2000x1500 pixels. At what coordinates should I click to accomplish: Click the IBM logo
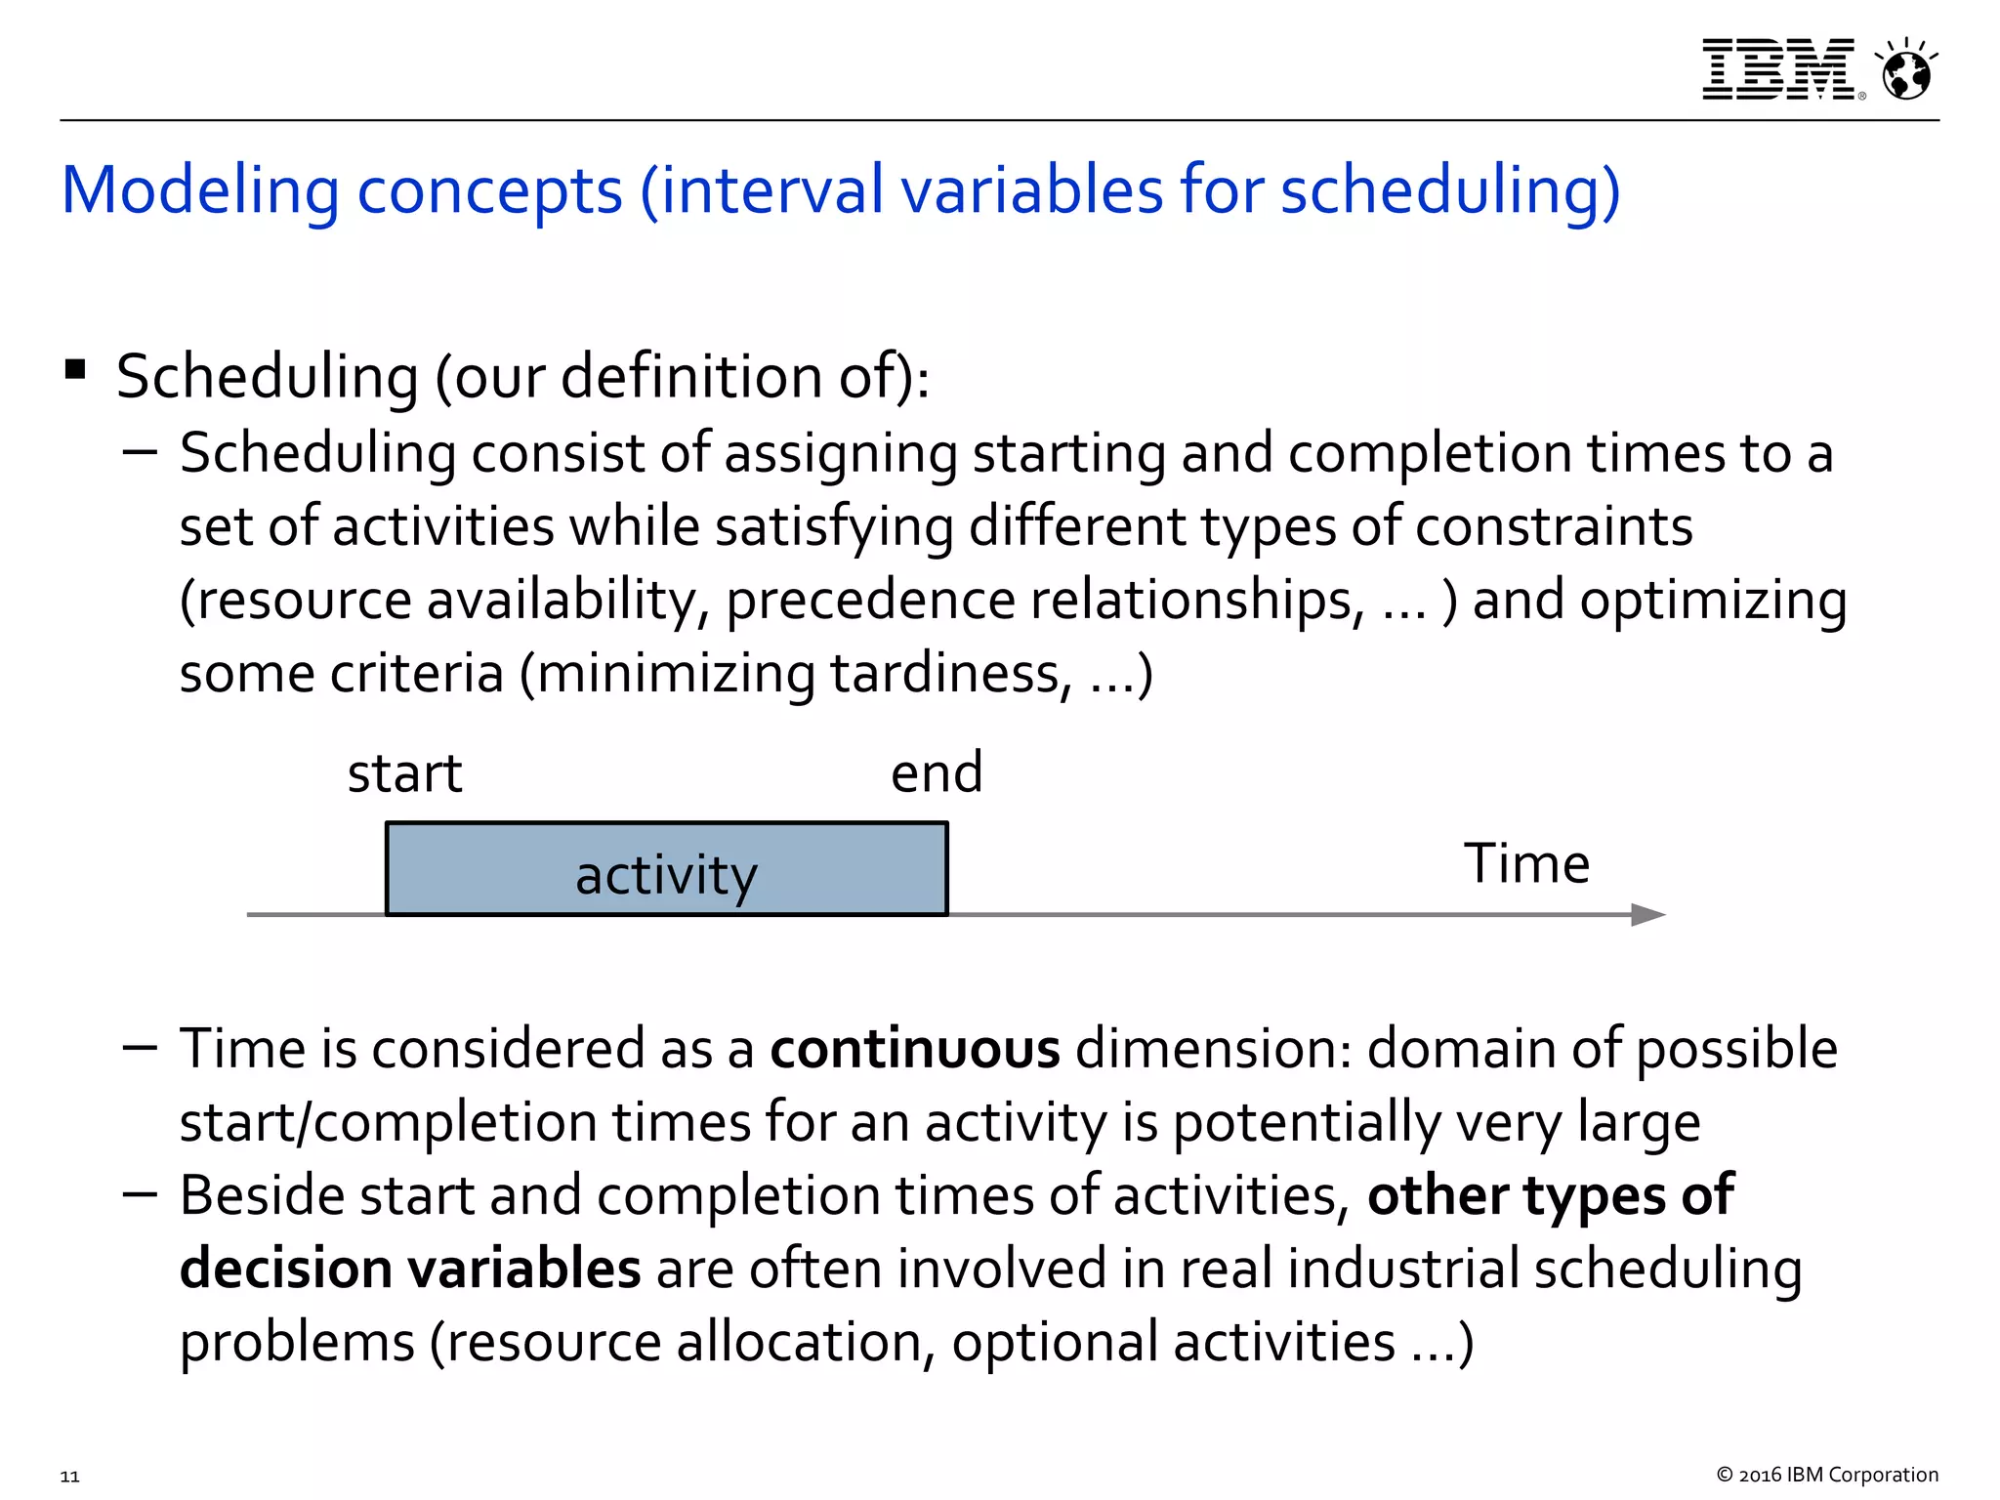[x=1778, y=69]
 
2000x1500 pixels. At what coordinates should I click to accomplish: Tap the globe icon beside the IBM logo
[x=1906, y=71]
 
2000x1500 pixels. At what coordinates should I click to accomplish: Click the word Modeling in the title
[x=200, y=191]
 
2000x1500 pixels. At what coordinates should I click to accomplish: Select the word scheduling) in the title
[x=1450, y=189]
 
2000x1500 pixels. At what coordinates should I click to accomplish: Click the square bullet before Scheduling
[x=75, y=370]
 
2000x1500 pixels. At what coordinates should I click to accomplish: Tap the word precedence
[x=869, y=601]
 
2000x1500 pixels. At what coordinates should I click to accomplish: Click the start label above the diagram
[x=404, y=774]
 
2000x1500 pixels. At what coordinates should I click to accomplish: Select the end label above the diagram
[x=936, y=773]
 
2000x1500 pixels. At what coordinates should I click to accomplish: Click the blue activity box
[x=666, y=870]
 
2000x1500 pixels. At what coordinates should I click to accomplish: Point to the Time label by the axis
[x=1526, y=864]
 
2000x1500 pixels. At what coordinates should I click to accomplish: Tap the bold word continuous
[x=914, y=1050]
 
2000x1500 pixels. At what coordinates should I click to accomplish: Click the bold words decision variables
[x=410, y=1270]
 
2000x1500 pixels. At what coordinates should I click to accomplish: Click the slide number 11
[x=70, y=1476]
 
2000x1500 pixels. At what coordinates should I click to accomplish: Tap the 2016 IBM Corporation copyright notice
[x=1826, y=1475]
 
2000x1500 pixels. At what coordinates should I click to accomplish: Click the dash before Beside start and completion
[x=141, y=1194]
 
